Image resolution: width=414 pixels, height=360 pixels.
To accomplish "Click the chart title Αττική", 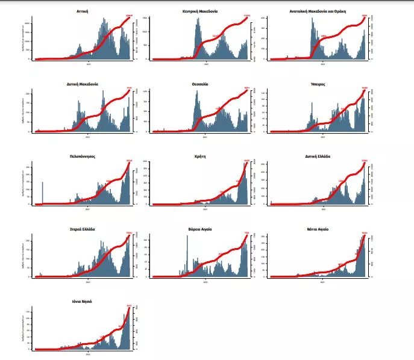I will [83, 11].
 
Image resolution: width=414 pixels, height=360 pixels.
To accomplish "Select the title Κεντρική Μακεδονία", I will [200, 11].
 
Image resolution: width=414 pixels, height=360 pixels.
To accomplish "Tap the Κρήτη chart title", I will [200, 156].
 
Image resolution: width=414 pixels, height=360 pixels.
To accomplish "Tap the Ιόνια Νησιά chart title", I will [83, 301].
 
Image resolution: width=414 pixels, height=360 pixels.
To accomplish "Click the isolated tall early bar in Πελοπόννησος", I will [42, 193].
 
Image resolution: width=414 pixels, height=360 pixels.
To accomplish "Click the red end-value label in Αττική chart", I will [129, 16].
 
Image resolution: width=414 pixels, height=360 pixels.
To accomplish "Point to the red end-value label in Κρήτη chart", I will [246, 160].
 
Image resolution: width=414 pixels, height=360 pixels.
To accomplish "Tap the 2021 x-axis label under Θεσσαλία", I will [205, 137].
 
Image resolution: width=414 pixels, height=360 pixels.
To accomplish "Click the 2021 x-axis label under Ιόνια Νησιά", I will [88, 354].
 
